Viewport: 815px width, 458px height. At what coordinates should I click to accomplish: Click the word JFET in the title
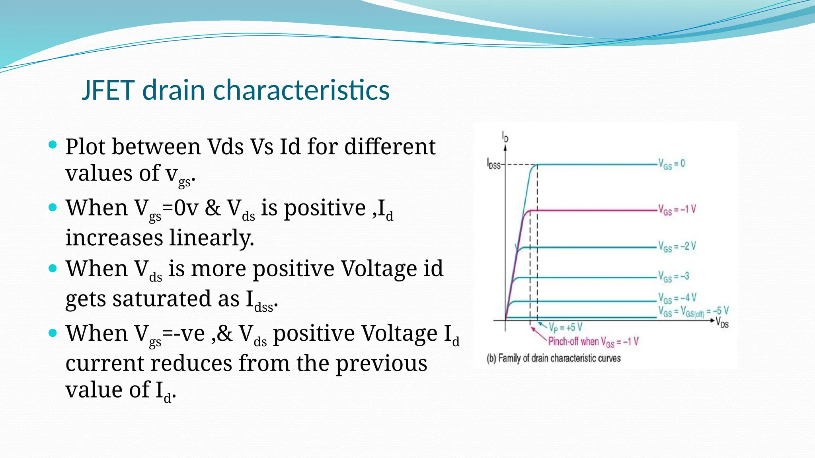point(108,90)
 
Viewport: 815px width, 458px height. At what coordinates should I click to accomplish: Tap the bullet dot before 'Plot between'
point(53,144)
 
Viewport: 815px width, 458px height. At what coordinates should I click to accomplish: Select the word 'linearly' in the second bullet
point(211,238)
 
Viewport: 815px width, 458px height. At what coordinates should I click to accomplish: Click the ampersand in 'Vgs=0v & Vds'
point(213,208)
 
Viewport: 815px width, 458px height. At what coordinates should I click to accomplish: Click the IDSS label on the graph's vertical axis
point(494,164)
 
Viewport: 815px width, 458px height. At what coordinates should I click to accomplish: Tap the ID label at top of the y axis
point(505,137)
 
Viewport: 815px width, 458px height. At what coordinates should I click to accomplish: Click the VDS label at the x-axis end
point(722,322)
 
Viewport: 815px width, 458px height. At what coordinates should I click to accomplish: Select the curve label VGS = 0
point(671,164)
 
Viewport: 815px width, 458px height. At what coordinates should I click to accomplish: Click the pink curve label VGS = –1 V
point(677,210)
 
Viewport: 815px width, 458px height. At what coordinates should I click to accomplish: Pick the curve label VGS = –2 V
point(677,246)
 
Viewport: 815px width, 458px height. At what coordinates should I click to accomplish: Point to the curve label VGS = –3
point(673,276)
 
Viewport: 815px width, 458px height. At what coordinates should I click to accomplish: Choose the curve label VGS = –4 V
point(677,298)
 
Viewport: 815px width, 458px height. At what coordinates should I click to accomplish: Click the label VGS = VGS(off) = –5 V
point(693,311)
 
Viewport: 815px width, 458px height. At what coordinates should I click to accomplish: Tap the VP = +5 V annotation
point(565,328)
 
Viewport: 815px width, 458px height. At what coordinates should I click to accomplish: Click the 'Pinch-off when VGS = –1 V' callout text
point(593,342)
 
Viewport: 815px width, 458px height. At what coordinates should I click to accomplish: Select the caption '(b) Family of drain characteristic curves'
point(553,359)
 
